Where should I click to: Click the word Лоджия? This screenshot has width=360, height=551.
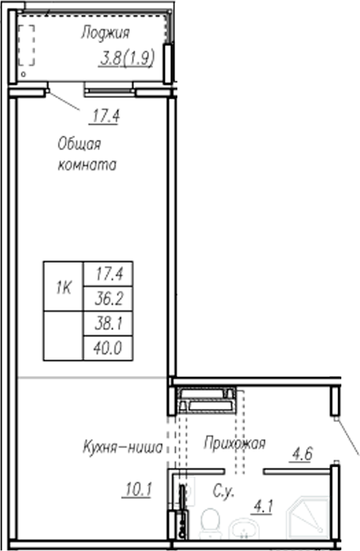coord(105,33)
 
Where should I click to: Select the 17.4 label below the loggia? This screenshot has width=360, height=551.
coord(109,117)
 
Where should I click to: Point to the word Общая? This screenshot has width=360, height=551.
coord(80,145)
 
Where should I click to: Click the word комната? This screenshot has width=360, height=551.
coord(87,166)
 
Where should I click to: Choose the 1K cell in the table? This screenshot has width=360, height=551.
coord(63,288)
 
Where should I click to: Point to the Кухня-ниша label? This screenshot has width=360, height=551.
coord(123,448)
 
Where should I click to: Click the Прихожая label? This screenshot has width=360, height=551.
coord(234,443)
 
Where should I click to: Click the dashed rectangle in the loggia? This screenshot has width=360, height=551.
coord(27,46)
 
